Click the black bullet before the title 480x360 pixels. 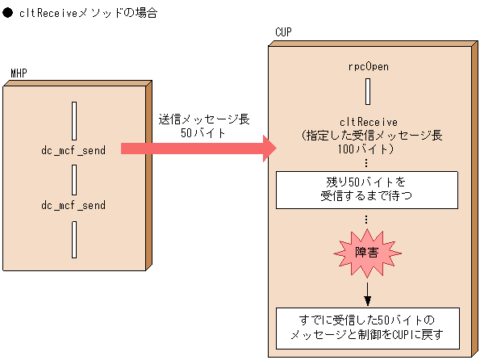pos(7,14)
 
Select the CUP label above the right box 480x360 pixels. pos(283,32)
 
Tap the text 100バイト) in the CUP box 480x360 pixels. pos(367,149)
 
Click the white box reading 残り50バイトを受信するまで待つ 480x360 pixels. pos(367,188)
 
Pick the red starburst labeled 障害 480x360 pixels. pos(367,253)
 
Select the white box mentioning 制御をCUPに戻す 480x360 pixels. pos(367,326)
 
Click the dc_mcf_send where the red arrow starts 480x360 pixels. pos(73,149)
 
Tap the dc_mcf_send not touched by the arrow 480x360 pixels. pos(73,205)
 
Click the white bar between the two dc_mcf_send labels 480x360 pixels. pos(73,178)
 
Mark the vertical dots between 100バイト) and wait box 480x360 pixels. pos(367,164)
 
